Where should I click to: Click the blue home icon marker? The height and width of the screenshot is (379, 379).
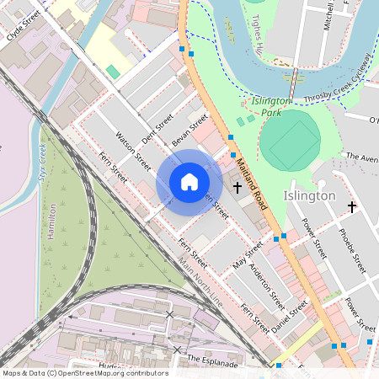(x=189, y=182)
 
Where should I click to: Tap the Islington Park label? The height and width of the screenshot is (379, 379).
(x=271, y=106)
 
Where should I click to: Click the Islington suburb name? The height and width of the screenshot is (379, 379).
(x=310, y=195)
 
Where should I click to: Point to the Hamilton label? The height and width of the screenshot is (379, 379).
(x=51, y=221)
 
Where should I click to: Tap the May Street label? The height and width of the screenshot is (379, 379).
(x=248, y=260)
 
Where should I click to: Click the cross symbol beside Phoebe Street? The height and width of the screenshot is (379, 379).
(x=351, y=206)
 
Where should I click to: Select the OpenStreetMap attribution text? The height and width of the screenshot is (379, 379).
(x=85, y=373)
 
